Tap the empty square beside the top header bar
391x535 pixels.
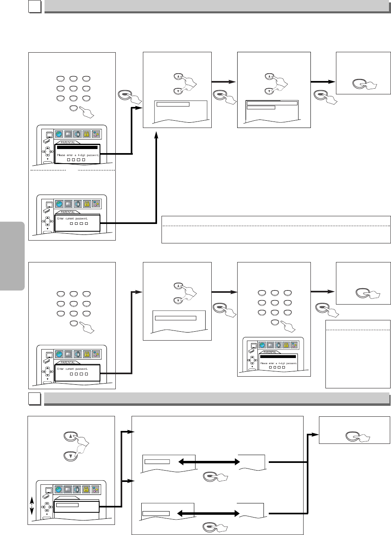(35, 6)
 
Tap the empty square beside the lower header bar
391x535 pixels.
(35, 399)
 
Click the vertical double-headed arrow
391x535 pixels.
(32, 505)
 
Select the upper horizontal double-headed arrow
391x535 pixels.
(209, 462)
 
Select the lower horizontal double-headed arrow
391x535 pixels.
(208, 514)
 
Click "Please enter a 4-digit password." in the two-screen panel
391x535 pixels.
(78, 155)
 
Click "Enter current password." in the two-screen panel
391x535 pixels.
(72, 218)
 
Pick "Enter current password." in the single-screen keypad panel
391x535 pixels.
(72, 369)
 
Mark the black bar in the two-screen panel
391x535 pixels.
(77, 147)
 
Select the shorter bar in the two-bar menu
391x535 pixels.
(261, 108)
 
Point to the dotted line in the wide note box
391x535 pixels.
(276, 226)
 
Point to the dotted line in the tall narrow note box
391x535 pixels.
(358, 330)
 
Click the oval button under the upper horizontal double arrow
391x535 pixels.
(210, 476)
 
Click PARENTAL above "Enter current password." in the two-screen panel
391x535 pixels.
(68, 212)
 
